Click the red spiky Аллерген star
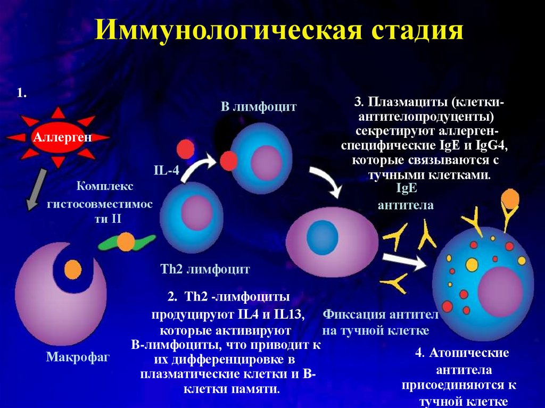pyautogui.click(x=59, y=137)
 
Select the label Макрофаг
pyautogui.click(x=78, y=356)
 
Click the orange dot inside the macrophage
pyautogui.click(x=73, y=267)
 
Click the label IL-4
pyautogui.click(x=166, y=171)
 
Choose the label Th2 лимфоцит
pyautogui.click(x=205, y=269)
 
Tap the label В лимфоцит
pyautogui.click(x=259, y=107)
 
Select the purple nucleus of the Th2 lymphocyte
pyautogui.click(x=196, y=212)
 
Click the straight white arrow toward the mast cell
pyautogui.click(x=404, y=260)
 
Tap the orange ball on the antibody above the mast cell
pyautogui.click(x=510, y=198)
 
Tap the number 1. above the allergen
pyautogui.click(x=22, y=93)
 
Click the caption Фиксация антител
pyautogui.click(x=380, y=315)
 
